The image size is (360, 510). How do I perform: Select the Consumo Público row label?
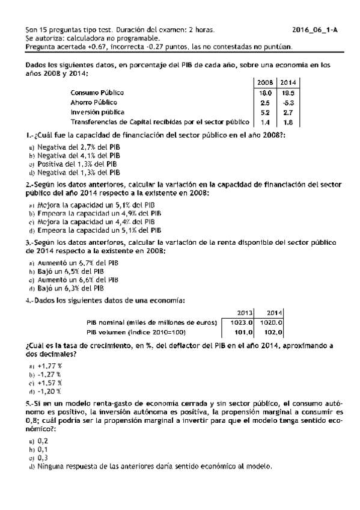(97, 93)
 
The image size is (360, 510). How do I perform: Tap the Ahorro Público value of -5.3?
(288, 102)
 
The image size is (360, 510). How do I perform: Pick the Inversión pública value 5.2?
(265, 112)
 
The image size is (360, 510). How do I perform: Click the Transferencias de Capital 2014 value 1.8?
(288, 121)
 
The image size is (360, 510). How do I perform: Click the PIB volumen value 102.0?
(274, 331)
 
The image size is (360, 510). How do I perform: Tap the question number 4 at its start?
(28, 301)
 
